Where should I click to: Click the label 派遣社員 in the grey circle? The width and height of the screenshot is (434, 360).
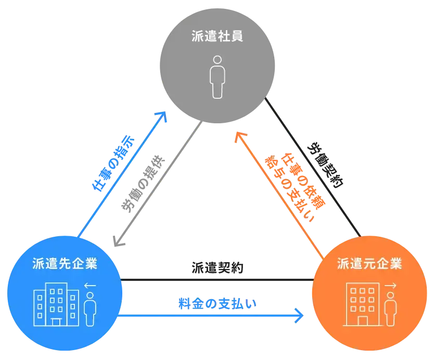coord(217,38)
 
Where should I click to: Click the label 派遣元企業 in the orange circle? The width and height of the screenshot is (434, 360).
coord(369,264)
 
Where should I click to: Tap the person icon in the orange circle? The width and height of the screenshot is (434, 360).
coord(390,309)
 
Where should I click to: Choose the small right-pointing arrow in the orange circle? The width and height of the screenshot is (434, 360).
coord(391,286)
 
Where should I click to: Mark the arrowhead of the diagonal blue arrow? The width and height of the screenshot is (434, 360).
coord(163,116)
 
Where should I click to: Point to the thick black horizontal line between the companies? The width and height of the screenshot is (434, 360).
coord(217,279)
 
